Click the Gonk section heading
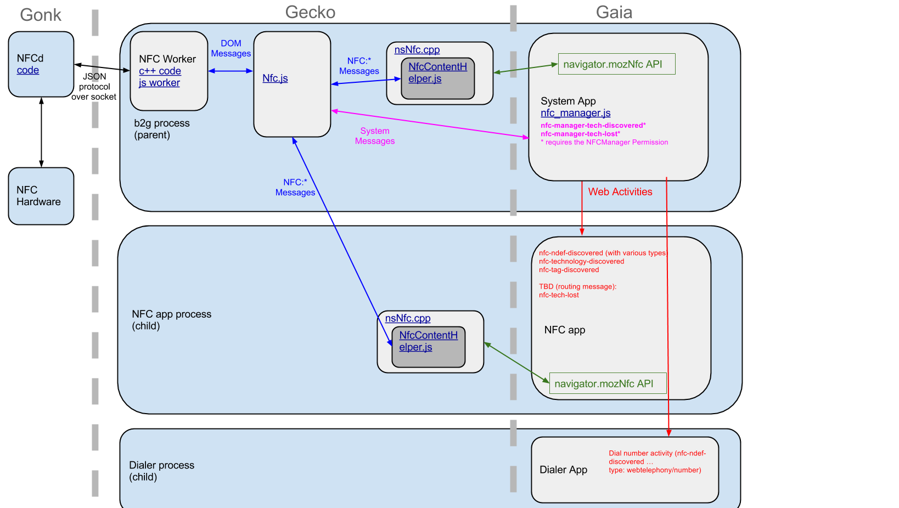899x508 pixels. pos(41,15)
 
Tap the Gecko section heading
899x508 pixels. pos(310,12)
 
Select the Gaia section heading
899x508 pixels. pos(614,12)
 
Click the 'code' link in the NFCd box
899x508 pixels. pos(27,70)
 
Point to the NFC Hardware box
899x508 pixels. pos(41,196)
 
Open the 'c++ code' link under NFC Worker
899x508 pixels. pos(160,71)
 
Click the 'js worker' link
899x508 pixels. pos(159,83)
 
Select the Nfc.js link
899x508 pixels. pos(275,78)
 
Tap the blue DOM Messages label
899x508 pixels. pos(231,49)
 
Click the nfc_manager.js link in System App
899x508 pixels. pos(576,113)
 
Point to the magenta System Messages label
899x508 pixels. pos(374,136)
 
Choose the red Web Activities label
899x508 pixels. pos(620,192)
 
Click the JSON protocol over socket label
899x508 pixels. pos(94,87)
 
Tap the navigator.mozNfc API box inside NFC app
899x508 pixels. pos(608,383)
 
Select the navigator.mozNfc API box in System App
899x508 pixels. pos(616,64)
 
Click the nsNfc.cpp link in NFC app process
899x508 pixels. pos(408,318)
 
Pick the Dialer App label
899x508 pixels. pos(563,470)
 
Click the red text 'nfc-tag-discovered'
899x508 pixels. pos(569,270)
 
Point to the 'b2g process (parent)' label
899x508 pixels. pos(162,129)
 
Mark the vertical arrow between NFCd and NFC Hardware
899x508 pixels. pos(41,132)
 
